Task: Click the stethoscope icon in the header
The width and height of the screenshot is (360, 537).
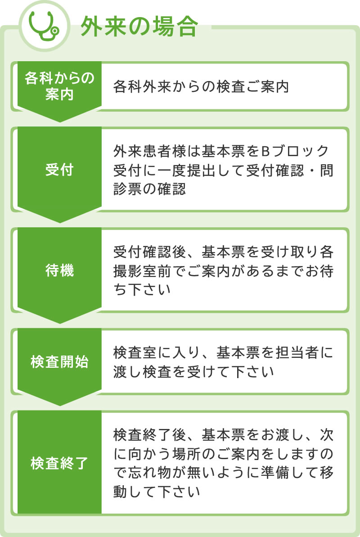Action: pos(44,26)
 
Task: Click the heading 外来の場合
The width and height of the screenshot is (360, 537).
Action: pos(139,27)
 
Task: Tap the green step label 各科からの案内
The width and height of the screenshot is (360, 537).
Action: pos(59,86)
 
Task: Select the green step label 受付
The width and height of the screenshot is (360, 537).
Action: pos(59,170)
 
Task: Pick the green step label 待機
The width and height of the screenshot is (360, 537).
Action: pos(59,270)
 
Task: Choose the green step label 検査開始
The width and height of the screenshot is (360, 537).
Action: pos(59,361)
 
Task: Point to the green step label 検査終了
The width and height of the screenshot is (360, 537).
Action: pos(59,463)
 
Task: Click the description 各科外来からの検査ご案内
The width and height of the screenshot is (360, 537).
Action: pos(201,86)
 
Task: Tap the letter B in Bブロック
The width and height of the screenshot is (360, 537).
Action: pos(266,151)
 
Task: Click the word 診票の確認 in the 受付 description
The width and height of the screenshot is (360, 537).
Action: pos(150,189)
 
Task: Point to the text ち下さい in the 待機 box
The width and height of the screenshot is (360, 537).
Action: pos(142,289)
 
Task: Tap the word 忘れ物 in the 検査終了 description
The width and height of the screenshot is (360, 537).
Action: pos(149,473)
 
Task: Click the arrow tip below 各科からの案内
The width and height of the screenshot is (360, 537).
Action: pos(59,122)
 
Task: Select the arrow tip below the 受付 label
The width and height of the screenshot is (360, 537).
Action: pos(59,223)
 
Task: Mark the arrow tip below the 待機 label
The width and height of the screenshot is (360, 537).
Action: pos(59,323)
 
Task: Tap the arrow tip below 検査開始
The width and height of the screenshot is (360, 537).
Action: pos(59,406)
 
